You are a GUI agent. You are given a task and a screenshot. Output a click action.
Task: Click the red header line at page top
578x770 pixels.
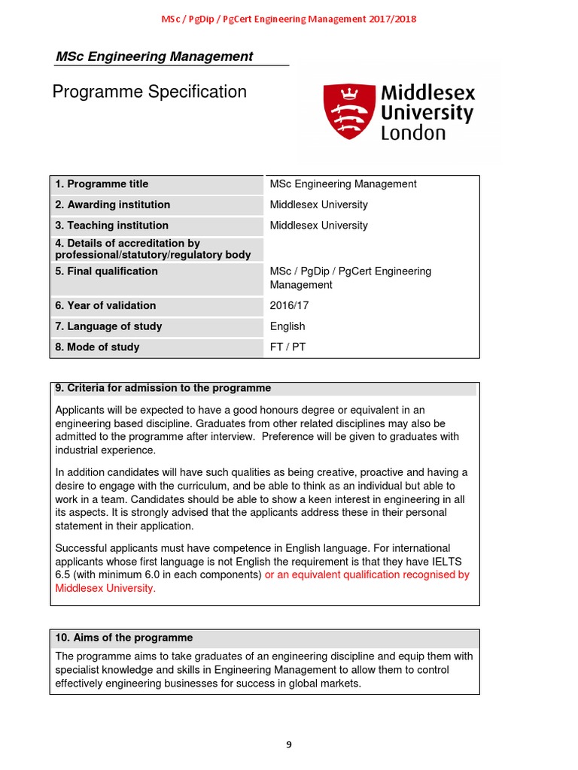point(289,19)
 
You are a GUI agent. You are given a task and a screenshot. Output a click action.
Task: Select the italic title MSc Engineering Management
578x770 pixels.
point(154,56)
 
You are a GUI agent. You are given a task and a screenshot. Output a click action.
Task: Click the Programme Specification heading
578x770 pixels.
point(149,92)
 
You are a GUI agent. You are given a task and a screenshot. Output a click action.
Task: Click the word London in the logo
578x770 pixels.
point(413,133)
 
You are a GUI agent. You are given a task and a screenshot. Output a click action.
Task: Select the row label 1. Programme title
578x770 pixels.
point(102,184)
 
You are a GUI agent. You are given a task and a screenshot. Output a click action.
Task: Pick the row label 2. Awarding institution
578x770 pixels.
point(112,205)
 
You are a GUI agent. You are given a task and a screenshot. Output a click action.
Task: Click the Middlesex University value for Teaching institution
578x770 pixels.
point(318,226)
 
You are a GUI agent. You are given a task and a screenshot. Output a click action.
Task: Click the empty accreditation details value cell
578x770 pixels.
point(372,249)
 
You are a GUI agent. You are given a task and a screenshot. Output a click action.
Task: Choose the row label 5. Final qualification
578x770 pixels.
point(106,271)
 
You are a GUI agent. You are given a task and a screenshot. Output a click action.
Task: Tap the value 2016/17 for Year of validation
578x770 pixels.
point(289,306)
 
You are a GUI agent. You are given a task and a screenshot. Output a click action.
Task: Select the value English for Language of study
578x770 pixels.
point(287,326)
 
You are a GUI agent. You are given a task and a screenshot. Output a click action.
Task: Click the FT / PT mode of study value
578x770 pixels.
point(287,347)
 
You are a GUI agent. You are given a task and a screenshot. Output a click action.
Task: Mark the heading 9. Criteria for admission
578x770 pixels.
point(163,388)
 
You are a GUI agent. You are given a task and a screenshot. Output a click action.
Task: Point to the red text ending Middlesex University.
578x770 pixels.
point(105,589)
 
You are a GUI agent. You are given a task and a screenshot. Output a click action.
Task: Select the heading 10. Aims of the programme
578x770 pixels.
point(124,638)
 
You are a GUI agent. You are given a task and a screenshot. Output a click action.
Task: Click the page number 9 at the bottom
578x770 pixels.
point(289,744)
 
